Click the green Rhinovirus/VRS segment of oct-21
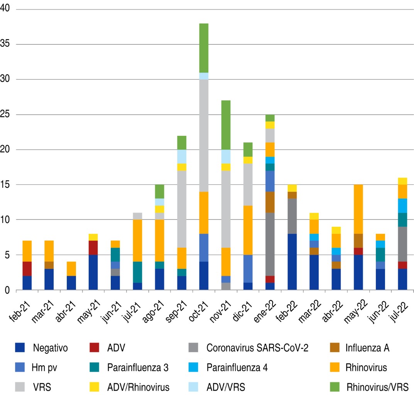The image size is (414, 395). point(203,48)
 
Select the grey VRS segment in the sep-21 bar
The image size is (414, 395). point(181,209)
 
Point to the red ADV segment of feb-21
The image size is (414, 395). point(27,269)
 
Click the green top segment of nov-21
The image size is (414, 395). point(225,125)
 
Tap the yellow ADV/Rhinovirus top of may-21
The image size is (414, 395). point(94,237)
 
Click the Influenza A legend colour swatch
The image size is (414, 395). point(337,348)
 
